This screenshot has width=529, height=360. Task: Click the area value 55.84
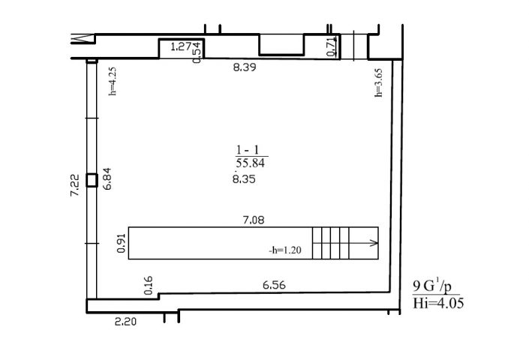pos(251,163)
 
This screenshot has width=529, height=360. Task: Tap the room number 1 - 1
pos(248,150)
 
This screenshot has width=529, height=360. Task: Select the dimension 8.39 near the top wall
pos(245,67)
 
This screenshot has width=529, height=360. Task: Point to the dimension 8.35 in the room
pos(244,178)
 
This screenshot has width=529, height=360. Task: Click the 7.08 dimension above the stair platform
pos(254,220)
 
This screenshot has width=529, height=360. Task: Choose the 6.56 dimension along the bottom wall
pos(274,285)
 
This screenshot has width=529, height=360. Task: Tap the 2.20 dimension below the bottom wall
pos(125,322)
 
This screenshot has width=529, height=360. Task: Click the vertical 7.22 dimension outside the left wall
pos(74,185)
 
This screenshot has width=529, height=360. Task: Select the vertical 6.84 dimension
pos(107,179)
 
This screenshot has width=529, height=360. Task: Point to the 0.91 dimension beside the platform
pos(121,243)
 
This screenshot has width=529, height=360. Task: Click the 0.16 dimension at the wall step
pos(148,286)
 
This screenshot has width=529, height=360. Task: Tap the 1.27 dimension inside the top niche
pos(181,46)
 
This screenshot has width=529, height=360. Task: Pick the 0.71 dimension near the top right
pos(332,46)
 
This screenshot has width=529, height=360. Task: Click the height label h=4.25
pos(113,81)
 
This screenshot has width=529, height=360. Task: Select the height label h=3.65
pos(379,83)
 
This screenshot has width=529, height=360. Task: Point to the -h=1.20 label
pos(284,250)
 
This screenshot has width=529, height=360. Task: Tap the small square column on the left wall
pos(92,180)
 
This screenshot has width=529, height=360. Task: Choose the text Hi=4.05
pos(438,303)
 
